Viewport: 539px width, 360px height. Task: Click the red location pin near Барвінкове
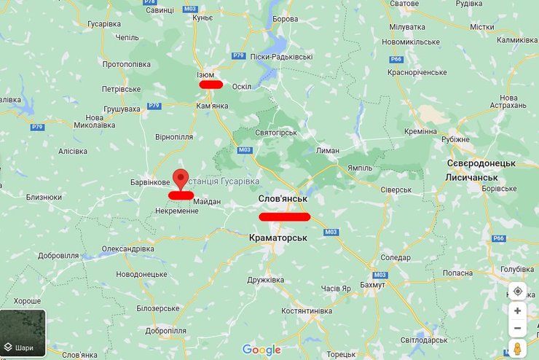click(182, 177)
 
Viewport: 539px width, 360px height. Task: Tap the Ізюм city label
click(206, 75)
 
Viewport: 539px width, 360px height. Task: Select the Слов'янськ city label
click(283, 199)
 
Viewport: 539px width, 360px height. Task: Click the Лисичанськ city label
click(471, 178)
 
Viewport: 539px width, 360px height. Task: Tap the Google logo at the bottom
click(261, 350)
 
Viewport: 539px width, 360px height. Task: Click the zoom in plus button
click(517, 310)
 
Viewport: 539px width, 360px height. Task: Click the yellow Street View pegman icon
click(517, 348)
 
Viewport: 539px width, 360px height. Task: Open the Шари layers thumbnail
click(23, 334)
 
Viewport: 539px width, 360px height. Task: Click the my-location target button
click(517, 291)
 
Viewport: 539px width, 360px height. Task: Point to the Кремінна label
click(421, 131)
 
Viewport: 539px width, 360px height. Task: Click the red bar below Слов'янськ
click(284, 216)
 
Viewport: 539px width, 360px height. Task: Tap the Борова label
click(284, 19)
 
